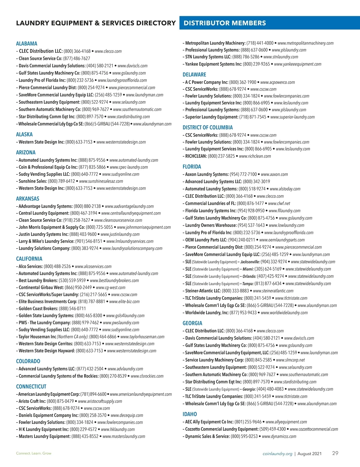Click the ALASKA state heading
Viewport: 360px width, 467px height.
[24, 134]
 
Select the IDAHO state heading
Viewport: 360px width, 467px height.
[190, 414]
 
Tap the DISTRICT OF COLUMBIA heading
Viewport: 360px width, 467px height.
[208, 127]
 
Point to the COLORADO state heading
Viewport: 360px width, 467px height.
[28, 361]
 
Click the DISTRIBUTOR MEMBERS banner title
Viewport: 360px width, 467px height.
[225, 23]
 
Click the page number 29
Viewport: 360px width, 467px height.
[335, 453]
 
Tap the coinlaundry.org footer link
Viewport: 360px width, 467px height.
[277, 454]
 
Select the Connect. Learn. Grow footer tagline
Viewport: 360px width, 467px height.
[34, 453]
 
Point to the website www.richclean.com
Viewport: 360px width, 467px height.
[255, 156]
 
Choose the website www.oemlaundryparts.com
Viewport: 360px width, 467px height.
[282, 240]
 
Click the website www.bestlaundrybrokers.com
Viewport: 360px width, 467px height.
[114, 281]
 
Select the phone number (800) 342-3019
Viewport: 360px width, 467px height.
[256, 181]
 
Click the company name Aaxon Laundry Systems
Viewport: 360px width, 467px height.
[207, 174]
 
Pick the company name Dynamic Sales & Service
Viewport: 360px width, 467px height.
[207, 436]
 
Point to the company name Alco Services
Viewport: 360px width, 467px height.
[30, 266]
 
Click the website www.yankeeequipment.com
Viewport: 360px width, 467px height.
[298, 64]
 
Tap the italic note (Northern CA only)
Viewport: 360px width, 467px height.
[73, 337]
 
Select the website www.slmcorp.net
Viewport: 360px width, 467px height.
[290, 360]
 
